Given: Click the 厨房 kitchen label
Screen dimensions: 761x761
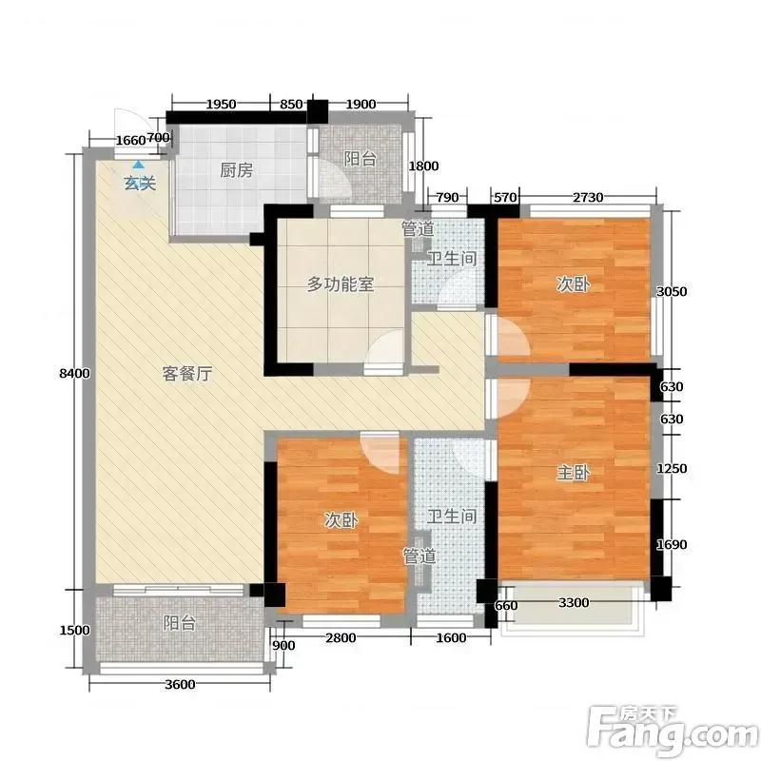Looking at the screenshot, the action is tap(236, 170).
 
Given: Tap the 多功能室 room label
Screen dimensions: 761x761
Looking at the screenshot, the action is tap(341, 284).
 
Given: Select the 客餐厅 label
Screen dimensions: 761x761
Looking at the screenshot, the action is tap(186, 374).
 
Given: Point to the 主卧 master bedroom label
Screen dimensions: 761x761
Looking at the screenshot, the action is tap(574, 472).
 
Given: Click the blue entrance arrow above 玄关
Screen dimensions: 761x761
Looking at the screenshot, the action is tap(139, 165).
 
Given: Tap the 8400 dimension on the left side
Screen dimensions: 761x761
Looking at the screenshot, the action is tap(75, 373).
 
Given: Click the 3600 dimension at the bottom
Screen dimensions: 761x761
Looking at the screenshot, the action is tap(180, 684).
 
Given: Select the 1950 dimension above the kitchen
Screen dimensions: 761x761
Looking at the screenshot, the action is tap(222, 105).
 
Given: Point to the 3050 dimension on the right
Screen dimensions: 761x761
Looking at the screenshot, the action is tap(672, 291).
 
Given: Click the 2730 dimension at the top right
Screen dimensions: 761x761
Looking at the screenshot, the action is tap(588, 197).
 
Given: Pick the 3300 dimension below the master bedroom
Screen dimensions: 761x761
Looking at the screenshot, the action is tap(574, 602).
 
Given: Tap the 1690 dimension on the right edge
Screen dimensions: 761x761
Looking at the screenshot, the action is tap(672, 544).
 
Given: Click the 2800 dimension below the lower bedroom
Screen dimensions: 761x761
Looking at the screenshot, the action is tap(341, 637).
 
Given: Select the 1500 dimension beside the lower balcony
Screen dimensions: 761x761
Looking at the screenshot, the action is tap(75, 630).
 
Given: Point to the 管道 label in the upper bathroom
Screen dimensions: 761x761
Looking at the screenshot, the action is tap(418, 229).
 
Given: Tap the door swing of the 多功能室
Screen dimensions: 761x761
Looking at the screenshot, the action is tap(387, 346).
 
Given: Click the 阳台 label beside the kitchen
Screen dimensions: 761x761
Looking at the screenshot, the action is tap(361, 159).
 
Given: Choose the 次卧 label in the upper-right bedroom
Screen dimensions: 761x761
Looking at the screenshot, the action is tap(574, 284).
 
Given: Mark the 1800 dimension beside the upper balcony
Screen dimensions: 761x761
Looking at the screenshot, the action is tap(423, 166).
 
